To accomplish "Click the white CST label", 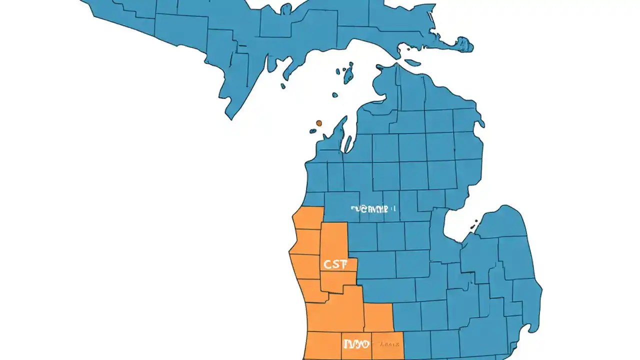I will point(335,264).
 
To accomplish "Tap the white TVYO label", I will point(356,344).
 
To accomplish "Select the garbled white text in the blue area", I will point(372,209).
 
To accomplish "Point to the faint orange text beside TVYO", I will point(389,344).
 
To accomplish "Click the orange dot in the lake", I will point(318,122).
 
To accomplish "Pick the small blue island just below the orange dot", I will point(313,131).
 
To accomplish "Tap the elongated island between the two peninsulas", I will point(412,62).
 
